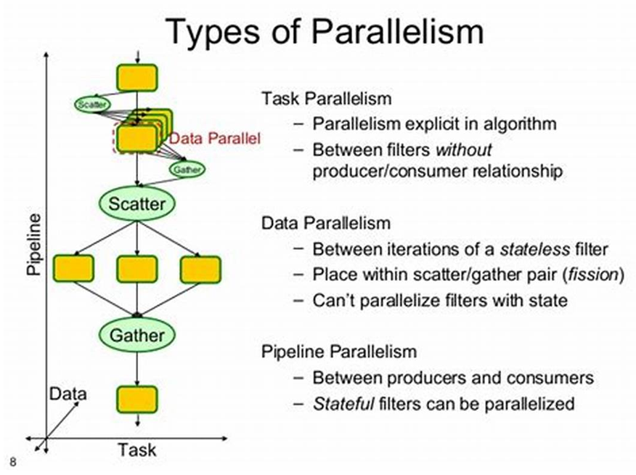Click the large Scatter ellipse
[136, 204]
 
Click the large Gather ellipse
[136, 335]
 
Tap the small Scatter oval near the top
[91, 104]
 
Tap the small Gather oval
[187, 169]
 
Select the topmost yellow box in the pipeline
[136, 77]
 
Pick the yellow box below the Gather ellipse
[136, 399]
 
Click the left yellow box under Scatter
[73, 269]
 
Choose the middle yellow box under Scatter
[136, 269]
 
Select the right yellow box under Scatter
[200, 269]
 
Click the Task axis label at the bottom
[136, 450]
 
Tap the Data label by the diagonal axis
[68, 394]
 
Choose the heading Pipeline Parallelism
[339, 352]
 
